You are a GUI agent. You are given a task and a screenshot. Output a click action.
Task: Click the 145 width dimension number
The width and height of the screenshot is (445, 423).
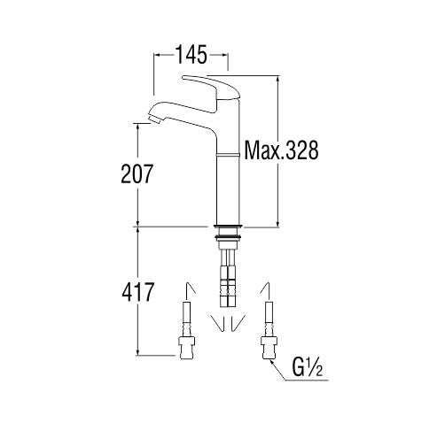(x=191, y=54)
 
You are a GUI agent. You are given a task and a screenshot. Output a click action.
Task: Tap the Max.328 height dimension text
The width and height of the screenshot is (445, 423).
(x=281, y=150)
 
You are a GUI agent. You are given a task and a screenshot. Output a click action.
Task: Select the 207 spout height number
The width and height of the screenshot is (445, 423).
(x=137, y=173)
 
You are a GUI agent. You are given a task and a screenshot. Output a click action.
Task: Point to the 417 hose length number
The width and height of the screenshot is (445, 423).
(x=137, y=292)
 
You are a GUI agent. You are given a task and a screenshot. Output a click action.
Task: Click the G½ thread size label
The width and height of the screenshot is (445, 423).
(x=308, y=367)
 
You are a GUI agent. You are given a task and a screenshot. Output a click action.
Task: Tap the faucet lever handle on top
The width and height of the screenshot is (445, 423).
(x=212, y=87)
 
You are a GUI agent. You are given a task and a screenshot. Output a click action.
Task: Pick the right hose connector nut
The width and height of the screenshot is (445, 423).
(x=269, y=347)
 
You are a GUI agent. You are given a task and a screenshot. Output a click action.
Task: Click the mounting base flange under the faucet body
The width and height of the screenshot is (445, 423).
(x=228, y=227)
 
